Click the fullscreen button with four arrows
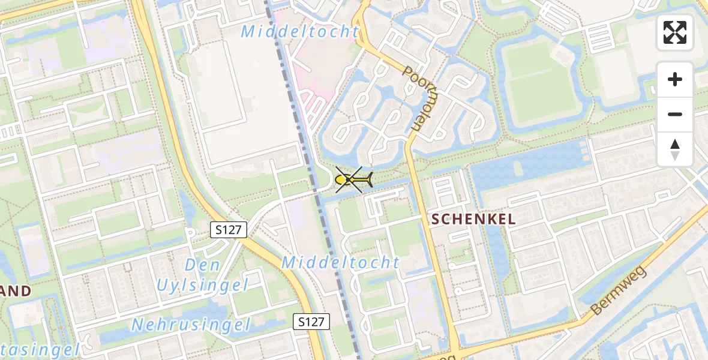pyautogui.click(x=675, y=32)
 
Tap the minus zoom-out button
pyautogui.click(x=675, y=115)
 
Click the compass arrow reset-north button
pyautogui.click(x=675, y=149)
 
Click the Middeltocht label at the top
pyautogui.click(x=300, y=32)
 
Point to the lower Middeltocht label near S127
pyautogui.click(x=340, y=262)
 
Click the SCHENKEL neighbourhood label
pyautogui.click(x=473, y=220)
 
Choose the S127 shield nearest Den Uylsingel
pyautogui.click(x=229, y=229)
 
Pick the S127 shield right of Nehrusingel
pyautogui.click(x=312, y=322)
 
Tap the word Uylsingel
pyautogui.click(x=202, y=286)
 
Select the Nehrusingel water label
pyautogui.click(x=190, y=325)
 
